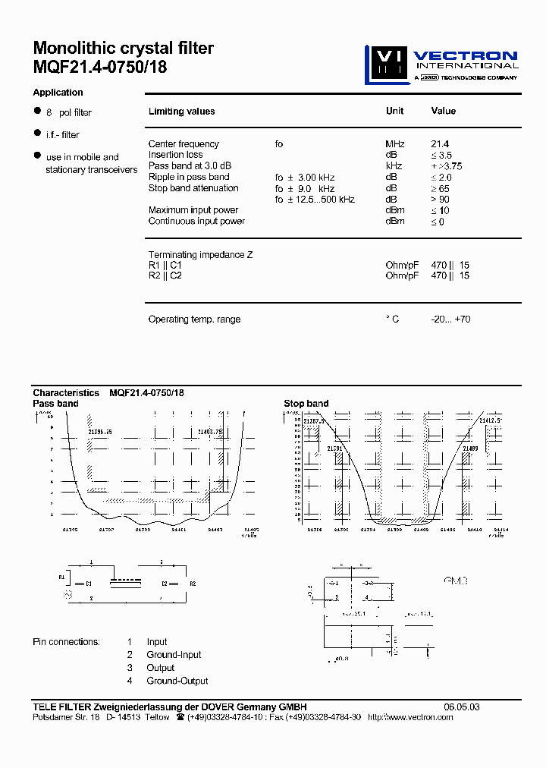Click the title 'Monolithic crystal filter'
click(x=124, y=49)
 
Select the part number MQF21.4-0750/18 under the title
click(x=100, y=67)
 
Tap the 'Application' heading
click(x=58, y=93)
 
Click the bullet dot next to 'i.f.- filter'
click(x=36, y=133)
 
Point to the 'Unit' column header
click(x=394, y=111)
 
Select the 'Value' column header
click(x=443, y=111)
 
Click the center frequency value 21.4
click(x=440, y=143)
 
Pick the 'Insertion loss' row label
click(x=175, y=155)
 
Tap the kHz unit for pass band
click(x=393, y=166)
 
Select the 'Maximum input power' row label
click(x=193, y=210)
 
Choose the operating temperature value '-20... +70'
click(x=450, y=319)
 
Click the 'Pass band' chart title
click(x=55, y=404)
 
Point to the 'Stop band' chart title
click(x=306, y=404)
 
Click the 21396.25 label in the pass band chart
click(x=100, y=431)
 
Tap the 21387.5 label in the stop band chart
click(x=314, y=420)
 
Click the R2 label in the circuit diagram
click(x=193, y=584)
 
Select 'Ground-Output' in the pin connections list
click(x=177, y=681)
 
